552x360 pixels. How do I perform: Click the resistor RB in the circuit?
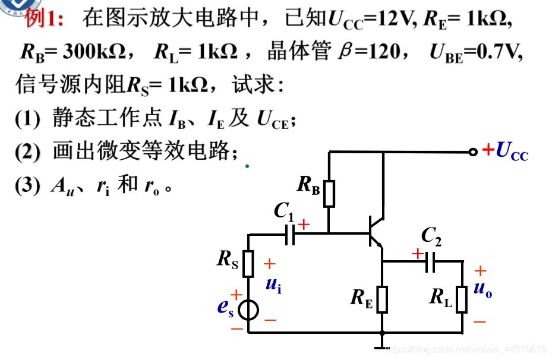(x=329, y=194)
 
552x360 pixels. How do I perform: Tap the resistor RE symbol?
(x=382, y=299)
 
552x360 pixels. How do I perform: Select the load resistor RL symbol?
(x=462, y=299)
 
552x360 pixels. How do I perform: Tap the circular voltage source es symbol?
(x=248, y=310)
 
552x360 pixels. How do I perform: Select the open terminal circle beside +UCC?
(x=473, y=151)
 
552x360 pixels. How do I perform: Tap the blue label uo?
(x=482, y=289)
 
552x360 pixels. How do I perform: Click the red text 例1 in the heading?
(x=45, y=18)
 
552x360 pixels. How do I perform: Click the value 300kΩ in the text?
(x=94, y=52)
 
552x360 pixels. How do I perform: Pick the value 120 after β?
(x=384, y=52)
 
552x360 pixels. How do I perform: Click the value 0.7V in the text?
(x=499, y=52)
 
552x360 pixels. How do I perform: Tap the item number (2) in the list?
(x=27, y=152)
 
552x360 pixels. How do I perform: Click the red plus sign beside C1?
(x=304, y=225)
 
